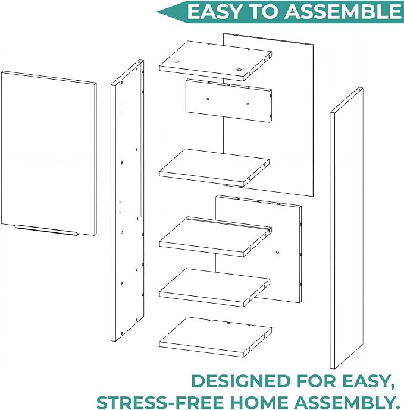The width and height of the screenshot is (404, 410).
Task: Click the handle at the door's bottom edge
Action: click(46, 230)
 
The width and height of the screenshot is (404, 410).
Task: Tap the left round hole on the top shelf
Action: click(176, 62)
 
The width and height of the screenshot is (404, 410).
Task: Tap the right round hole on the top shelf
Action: click(239, 70)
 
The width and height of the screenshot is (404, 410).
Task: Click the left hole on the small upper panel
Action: click(208, 99)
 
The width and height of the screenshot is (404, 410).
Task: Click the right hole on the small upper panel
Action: click(248, 104)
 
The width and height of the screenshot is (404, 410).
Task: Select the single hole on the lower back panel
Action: click(277, 253)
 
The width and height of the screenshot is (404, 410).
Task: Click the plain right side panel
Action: click(346, 228)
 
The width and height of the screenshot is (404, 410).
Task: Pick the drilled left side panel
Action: click(127, 201)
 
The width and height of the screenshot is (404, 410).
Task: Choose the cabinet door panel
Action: click(49, 153)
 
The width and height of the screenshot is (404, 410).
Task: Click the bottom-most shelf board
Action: click(215, 336)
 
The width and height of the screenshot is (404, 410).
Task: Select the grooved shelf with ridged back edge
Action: click(215, 236)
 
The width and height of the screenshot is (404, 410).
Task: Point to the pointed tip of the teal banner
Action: click(157, 12)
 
